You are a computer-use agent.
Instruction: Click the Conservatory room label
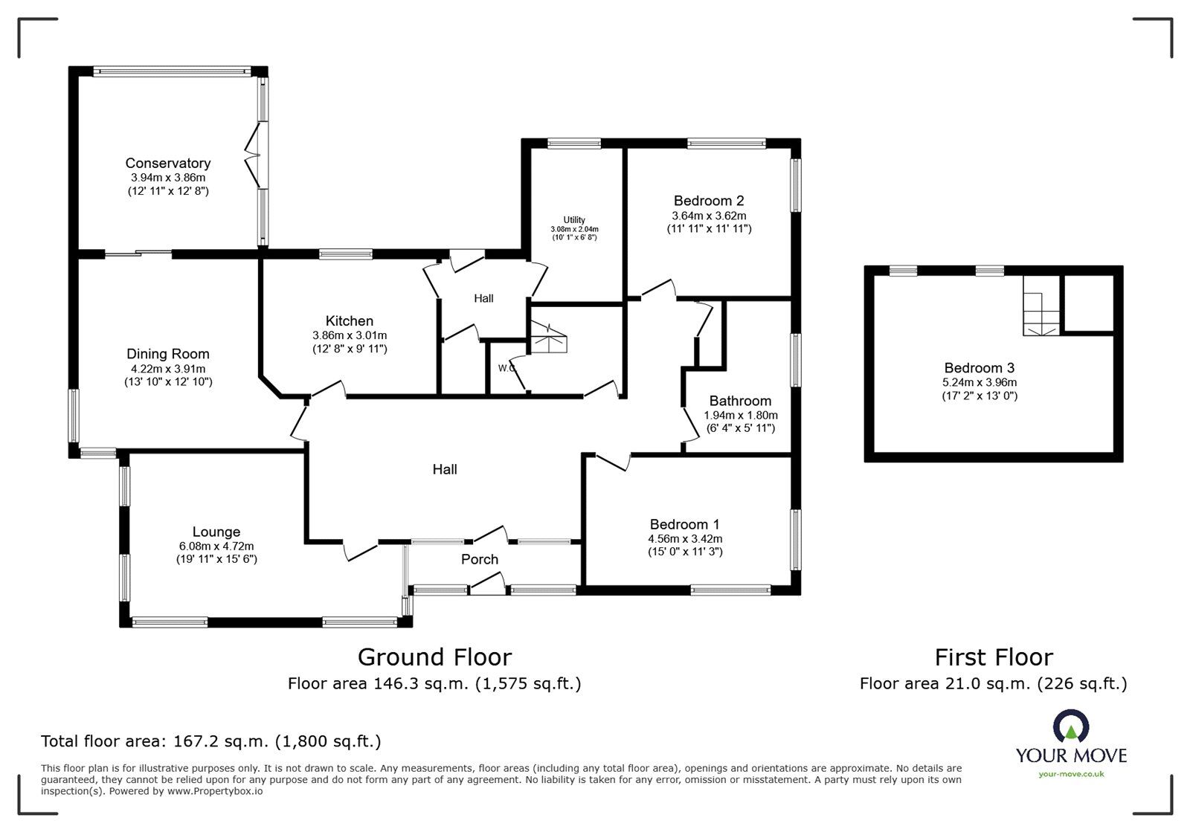[x=167, y=163]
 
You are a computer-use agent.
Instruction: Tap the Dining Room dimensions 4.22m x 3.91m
[x=168, y=369]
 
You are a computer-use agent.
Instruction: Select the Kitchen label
[x=349, y=321]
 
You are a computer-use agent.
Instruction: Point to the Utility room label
[x=573, y=220]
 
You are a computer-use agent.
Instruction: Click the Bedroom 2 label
[x=708, y=201]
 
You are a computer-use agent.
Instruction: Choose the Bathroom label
[x=740, y=401]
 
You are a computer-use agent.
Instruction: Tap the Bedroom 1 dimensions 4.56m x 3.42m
[x=685, y=539]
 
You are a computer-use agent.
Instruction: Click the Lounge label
[x=216, y=532]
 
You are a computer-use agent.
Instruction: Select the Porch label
[x=479, y=559]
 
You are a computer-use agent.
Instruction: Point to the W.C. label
[x=507, y=367]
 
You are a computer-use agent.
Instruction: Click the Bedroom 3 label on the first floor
[x=979, y=367]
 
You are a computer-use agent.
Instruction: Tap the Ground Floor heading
[x=434, y=657]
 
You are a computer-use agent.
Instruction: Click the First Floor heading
[x=993, y=657]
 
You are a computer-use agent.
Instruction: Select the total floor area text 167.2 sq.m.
[x=210, y=741]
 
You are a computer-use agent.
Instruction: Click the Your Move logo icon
[x=1070, y=727]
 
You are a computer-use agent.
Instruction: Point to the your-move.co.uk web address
[x=1071, y=774]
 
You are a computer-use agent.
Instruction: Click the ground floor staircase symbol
[x=548, y=338]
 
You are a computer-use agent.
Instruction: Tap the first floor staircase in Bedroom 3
[x=1041, y=309]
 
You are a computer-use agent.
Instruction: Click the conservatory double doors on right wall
[x=254, y=156]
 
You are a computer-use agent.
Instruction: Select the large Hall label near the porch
[x=445, y=469]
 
